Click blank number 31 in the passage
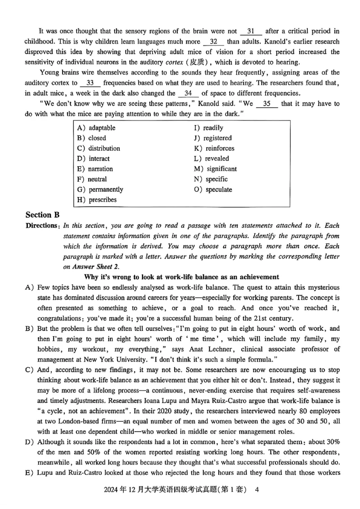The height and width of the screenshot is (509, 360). [251, 31]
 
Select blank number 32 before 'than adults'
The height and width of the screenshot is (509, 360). [214, 42]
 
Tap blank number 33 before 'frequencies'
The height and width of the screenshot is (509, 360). [90, 83]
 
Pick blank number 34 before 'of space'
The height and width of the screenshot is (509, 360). [188, 93]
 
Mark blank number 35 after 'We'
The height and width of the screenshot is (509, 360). [267, 103]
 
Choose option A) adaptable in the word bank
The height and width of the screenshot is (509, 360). [96, 128]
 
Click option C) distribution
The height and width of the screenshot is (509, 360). [99, 148]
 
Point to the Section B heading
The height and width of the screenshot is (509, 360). [43, 214]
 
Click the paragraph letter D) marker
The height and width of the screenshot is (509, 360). [30, 442]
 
